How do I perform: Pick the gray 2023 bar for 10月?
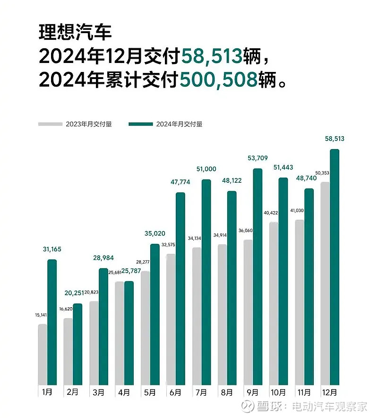click(274, 303)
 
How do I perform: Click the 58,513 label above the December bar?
click(335, 139)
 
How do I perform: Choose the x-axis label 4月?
click(124, 392)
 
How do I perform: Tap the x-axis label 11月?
click(304, 392)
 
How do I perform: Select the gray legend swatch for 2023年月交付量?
click(51, 124)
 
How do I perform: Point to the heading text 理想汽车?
click(75, 34)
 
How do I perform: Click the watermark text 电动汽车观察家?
click(329, 406)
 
